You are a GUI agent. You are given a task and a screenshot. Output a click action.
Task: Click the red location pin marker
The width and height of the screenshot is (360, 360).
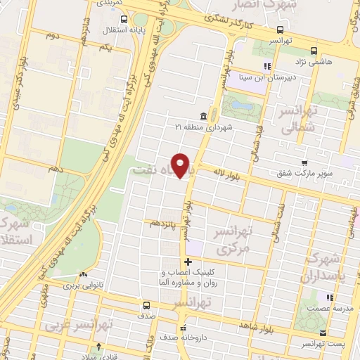181,166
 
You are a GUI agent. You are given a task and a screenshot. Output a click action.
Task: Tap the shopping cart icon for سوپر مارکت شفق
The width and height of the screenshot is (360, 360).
303,162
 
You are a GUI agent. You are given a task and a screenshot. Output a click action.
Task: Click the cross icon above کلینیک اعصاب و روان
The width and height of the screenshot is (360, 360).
187,262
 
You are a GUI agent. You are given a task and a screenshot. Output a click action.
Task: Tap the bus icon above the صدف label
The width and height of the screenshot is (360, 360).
146,305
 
